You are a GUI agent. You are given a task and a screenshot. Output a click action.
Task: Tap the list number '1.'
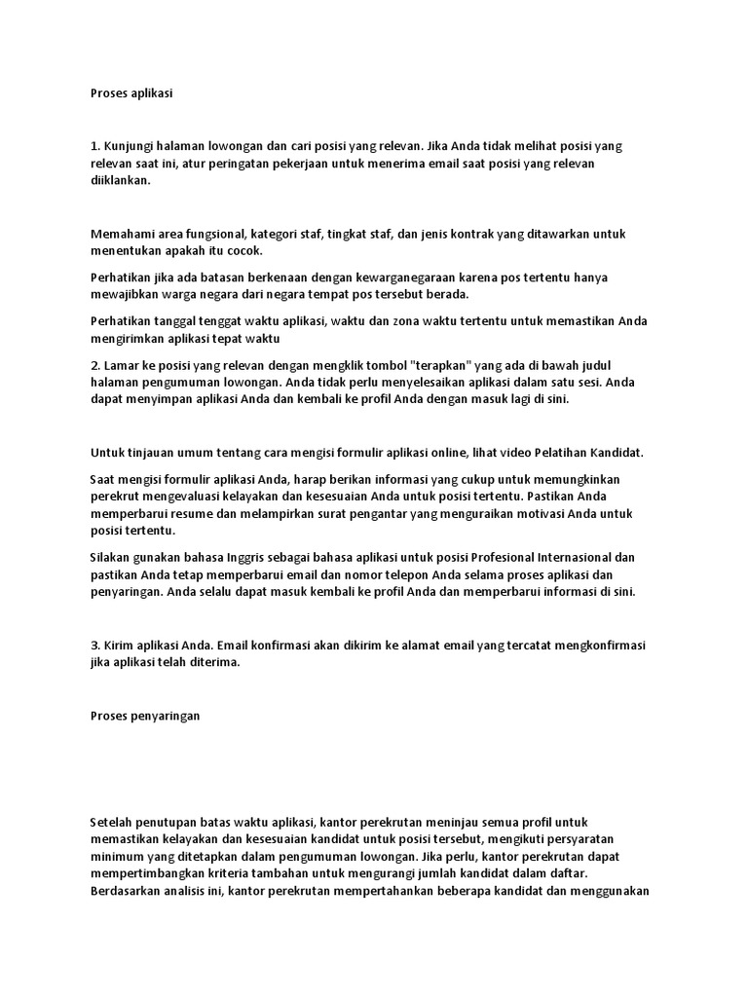(x=94, y=146)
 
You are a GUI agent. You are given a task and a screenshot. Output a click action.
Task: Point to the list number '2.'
(x=94, y=365)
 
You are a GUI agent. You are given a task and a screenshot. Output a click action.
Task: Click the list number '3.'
(x=94, y=646)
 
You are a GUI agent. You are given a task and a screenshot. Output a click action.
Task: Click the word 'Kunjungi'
(x=131, y=146)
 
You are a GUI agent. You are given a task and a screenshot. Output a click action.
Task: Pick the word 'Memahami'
(x=122, y=235)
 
